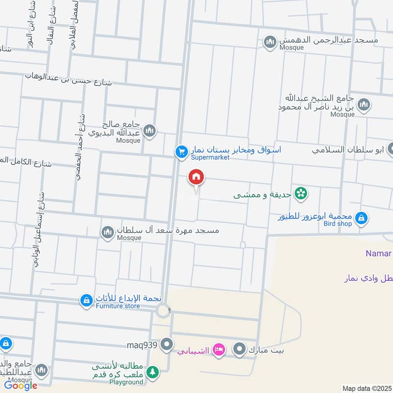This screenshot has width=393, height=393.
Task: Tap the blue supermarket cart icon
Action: (182, 152)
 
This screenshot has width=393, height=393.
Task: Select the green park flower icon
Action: (301, 194)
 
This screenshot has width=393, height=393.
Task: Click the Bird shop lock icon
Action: (361, 218)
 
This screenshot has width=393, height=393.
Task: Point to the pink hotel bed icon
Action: (219, 350)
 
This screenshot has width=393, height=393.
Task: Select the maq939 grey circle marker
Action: (168, 344)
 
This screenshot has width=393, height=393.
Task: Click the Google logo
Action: (21, 386)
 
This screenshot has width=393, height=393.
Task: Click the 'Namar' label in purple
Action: (378, 253)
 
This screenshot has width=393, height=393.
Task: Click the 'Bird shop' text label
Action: (337, 224)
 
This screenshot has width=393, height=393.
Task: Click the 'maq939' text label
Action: (142, 344)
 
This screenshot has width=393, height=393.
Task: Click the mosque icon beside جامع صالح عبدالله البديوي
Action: (150, 131)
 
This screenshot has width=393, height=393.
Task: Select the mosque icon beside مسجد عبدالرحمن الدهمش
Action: (270, 43)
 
